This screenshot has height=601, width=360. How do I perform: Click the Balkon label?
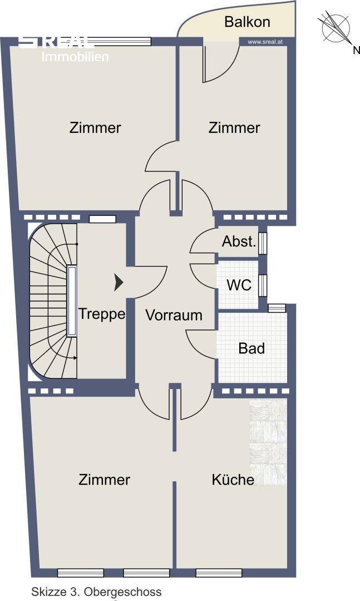click(247, 22)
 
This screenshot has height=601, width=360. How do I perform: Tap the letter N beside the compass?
click(356, 51)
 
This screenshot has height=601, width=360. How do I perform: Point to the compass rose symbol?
click(334, 27)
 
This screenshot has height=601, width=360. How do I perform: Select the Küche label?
click(233, 480)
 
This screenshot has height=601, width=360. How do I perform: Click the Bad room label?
click(251, 349)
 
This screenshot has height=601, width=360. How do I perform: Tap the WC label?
click(239, 285)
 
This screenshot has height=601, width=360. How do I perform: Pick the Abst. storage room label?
click(239, 242)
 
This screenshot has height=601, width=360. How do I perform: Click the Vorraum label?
click(174, 315)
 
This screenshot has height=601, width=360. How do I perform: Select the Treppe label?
click(102, 314)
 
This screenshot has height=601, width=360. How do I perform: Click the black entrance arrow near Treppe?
click(118, 283)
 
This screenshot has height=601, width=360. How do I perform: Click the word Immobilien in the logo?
click(76, 57)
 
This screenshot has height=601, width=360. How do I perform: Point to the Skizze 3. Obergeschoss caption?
click(96, 592)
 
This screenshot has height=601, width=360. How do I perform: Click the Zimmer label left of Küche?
click(105, 480)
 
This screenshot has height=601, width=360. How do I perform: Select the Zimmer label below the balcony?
click(234, 128)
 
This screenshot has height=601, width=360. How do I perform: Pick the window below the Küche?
click(219, 573)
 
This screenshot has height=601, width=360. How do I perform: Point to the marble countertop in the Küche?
click(268, 442)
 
